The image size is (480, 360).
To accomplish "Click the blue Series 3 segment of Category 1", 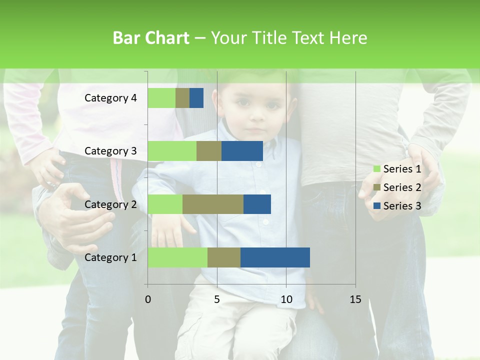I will point(275,257).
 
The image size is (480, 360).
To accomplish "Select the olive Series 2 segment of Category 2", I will point(213,204).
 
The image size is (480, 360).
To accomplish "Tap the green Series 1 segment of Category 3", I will point(172,151).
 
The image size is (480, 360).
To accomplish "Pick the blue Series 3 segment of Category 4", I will point(196,98).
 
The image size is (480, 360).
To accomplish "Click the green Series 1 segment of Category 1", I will point(177,257).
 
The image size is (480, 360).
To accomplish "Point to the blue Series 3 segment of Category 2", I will point(257,204).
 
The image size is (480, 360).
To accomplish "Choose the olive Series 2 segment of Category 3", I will point(209,151).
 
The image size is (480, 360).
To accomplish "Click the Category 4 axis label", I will point(110,98).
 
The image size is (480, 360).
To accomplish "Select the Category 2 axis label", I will point(110,204).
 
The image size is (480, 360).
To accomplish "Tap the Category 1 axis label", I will point(110,257).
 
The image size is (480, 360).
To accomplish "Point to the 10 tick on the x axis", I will point(286,299).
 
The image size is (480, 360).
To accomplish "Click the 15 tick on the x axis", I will point(355,299).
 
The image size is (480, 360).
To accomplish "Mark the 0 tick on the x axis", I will point(148,299).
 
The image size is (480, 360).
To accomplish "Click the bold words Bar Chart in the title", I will point(151,38).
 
